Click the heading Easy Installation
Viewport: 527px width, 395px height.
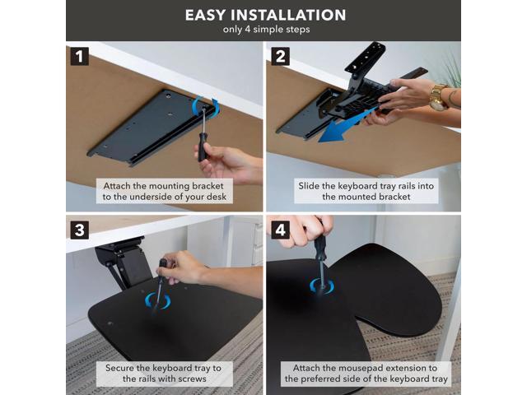point(265,15)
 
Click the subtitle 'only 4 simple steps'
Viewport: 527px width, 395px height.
point(266,30)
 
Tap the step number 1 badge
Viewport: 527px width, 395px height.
point(80,56)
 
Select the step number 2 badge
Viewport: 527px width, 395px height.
point(280,56)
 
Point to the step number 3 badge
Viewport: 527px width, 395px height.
point(80,230)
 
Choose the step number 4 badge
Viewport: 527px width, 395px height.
point(280,230)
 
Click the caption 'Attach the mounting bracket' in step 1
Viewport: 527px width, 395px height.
point(163,186)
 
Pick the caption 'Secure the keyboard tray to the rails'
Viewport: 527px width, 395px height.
point(164,373)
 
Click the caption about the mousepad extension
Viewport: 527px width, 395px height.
point(366,373)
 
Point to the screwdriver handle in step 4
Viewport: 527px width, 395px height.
point(319,247)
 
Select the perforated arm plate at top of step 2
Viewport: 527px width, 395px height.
point(366,57)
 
